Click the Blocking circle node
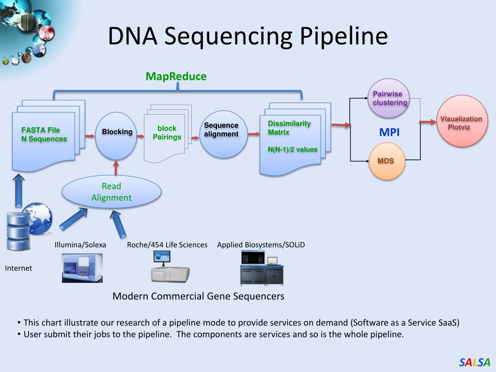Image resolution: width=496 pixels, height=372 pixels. point(116,136)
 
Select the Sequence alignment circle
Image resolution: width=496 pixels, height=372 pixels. point(223,134)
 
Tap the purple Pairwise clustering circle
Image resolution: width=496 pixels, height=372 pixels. point(388,98)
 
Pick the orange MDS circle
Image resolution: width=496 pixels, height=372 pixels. point(387,161)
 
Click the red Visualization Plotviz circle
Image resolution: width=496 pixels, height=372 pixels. point(462,121)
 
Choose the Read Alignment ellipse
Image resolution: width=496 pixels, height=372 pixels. point(111,192)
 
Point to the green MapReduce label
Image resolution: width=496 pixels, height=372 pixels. point(176,76)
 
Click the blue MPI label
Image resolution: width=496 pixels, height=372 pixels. point(389,132)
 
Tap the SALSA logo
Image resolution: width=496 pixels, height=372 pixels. point(475,362)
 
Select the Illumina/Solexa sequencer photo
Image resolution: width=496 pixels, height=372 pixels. point(82,268)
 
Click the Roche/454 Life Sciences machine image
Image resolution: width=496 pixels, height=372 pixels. point(170,266)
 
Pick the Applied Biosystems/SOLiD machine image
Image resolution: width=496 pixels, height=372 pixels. point(262,268)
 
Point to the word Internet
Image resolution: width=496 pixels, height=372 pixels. point(18,268)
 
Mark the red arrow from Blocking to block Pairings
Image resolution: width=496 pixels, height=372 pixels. point(140,136)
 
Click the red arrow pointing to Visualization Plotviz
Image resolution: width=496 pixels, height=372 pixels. point(428,122)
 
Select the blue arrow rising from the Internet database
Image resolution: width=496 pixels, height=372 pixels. point(19,190)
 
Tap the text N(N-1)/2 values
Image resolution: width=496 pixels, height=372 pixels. point(293,149)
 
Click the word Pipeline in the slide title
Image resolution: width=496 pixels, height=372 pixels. point(343,36)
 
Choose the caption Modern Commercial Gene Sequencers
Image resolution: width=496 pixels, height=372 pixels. point(198,296)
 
